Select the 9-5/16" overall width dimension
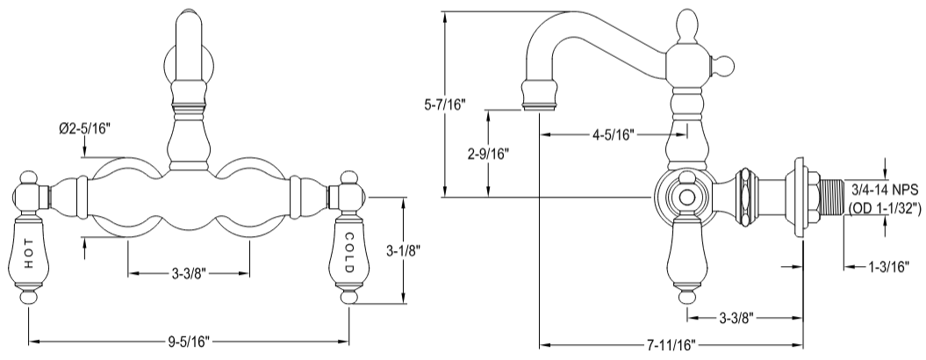[x=189, y=341]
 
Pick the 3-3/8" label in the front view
[x=189, y=274]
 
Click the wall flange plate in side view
[x=798, y=198]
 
